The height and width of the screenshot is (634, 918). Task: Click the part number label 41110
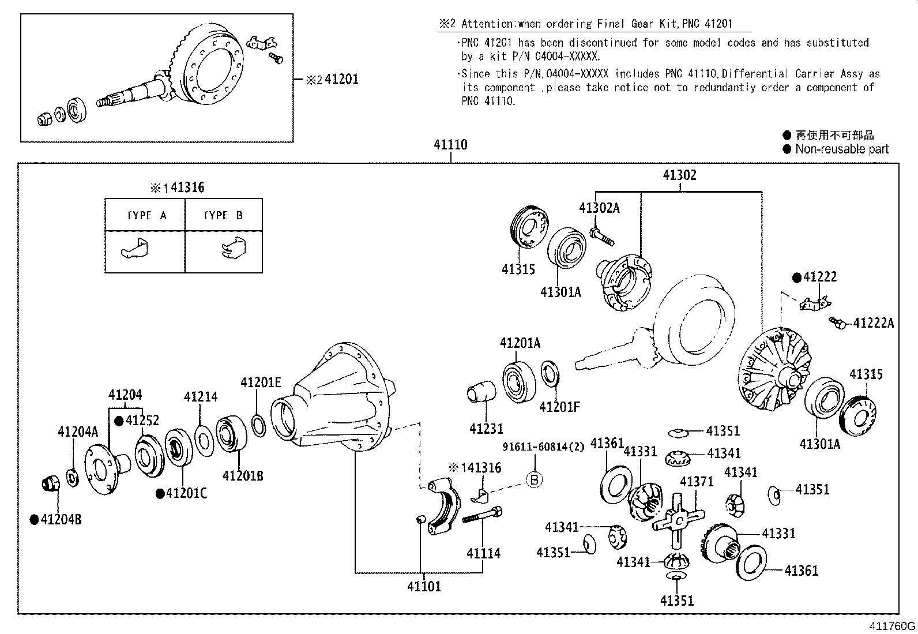pyautogui.click(x=450, y=145)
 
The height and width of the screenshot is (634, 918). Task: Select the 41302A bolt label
pyautogui.click(x=599, y=209)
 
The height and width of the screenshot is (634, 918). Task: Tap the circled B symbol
pyautogui.click(x=535, y=479)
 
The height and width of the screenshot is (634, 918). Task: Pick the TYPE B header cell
pyautogui.click(x=223, y=215)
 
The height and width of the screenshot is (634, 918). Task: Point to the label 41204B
pyautogui.click(x=61, y=520)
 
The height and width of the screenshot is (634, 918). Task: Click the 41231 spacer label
pyautogui.click(x=486, y=429)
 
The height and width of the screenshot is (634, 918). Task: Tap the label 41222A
pyautogui.click(x=873, y=323)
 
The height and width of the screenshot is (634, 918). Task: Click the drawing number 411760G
pyautogui.click(x=892, y=627)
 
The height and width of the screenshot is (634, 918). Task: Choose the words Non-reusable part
pyautogui.click(x=841, y=149)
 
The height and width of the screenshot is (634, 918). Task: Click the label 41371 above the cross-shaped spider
pyautogui.click(x=697, y=482)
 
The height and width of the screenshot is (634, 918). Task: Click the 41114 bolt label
pyautogui.click(x=483, y=554)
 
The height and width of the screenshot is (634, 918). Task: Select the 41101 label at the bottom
pyautogui.click(x=424, y=587)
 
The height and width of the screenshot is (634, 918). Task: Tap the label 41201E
pyautogui.click(x=261, y=382)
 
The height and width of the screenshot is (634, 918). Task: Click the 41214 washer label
pyautogui.click(x=201, y=397)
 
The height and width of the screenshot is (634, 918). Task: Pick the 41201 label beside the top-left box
pyautogui.click(x=341, y=80)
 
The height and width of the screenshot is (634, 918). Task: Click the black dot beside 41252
pyautogui.click(x=119, y=421)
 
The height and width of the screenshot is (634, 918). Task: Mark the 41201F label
pyautogui.click(x=559, y=407)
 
